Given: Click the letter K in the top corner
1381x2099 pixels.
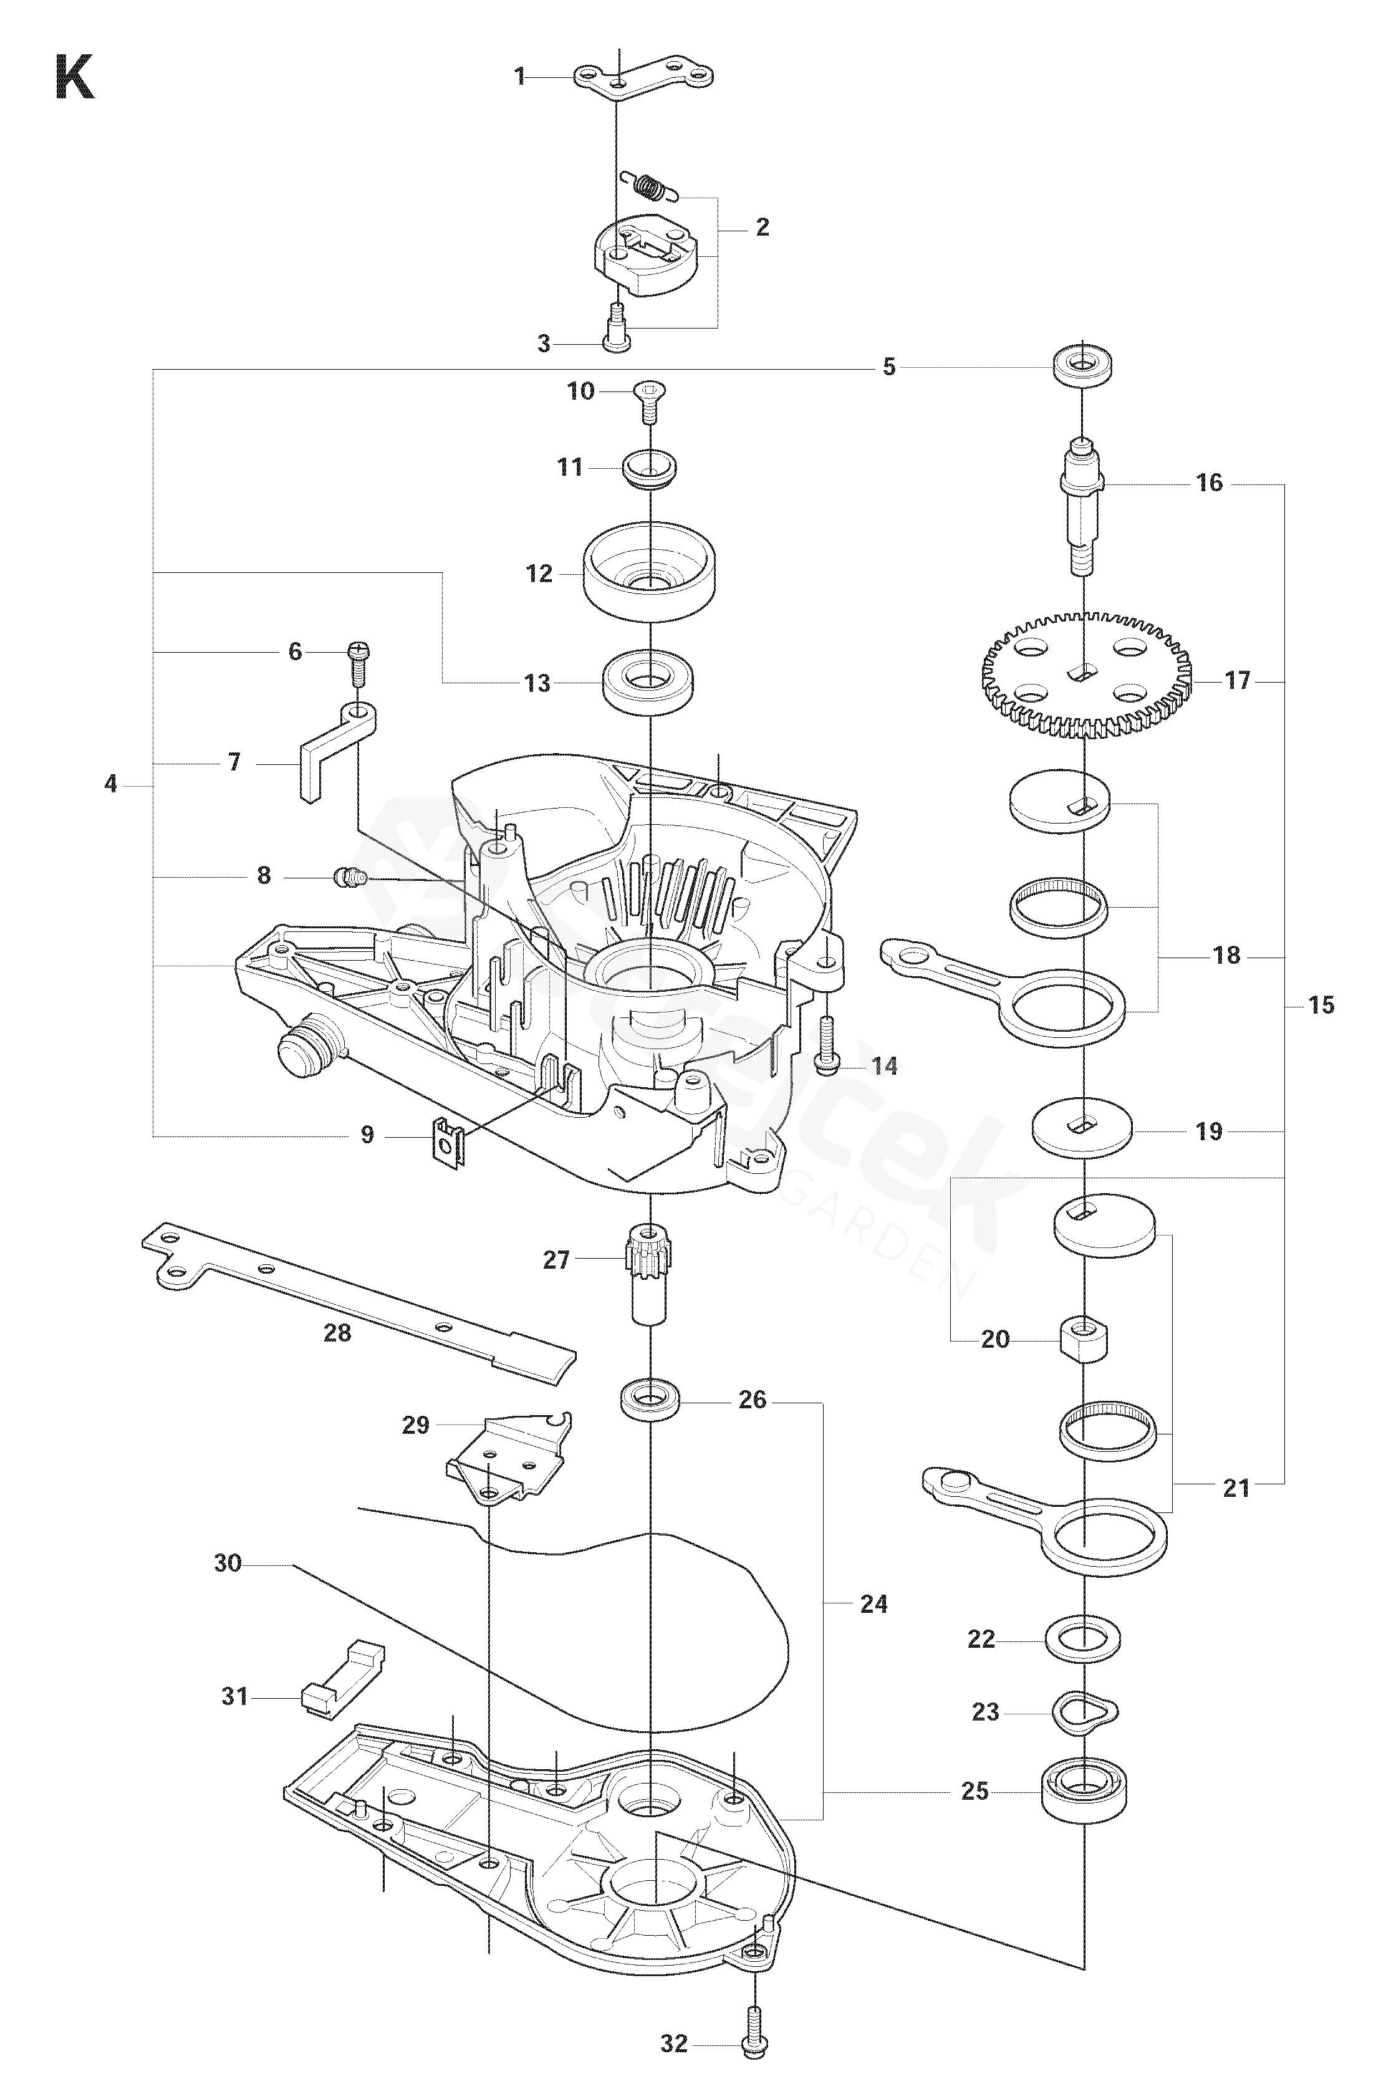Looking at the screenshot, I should pos(74,77).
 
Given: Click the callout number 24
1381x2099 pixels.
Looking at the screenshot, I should pos(873,1603).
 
